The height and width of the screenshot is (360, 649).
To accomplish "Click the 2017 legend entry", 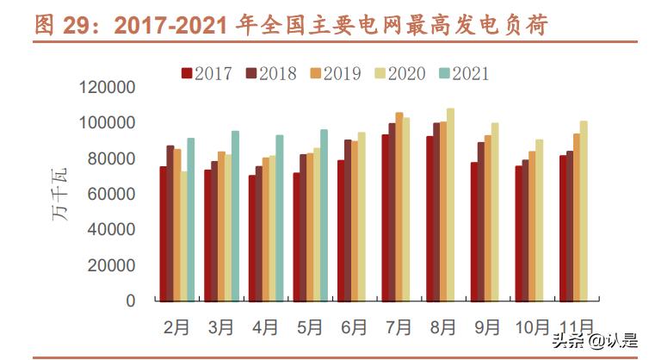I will tap(207, 73).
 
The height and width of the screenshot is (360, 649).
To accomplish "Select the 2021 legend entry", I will tap(462, 73).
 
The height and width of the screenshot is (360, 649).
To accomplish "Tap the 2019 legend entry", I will tap(335, 73).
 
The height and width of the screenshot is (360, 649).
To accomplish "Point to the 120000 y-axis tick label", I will tap(107, 88).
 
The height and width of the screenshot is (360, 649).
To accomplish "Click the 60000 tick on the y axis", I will tap(111, 195).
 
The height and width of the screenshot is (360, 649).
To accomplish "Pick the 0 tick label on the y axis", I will tap(131, 301).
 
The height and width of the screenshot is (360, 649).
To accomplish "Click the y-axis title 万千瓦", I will tap(61, 193).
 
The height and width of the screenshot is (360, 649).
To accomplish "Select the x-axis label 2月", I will tap(176, 327).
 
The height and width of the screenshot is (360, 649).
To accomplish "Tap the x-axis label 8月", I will tap(444, 327).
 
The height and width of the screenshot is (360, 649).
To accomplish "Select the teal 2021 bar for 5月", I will tap(324, 215).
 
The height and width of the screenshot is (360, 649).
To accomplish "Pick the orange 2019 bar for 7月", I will tap(399, 207).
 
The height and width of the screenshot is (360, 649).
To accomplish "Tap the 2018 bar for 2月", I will tap(170, 223).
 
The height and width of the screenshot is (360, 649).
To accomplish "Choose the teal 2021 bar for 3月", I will tap(235, 215).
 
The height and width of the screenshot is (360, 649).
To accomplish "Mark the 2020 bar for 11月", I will tap(584, 211).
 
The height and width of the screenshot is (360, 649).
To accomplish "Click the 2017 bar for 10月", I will tap(520, 233).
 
